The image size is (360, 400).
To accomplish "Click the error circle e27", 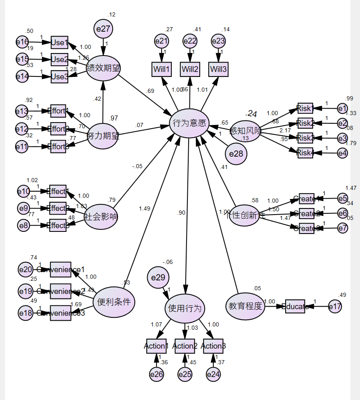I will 103,29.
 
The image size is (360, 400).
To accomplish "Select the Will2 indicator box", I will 189,69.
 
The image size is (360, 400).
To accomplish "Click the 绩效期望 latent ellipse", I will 103,68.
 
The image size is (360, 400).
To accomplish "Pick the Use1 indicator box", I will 59,42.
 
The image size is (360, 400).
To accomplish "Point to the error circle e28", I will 236,154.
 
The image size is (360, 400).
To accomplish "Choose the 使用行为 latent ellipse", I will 185,308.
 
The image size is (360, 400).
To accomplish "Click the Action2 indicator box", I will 184,346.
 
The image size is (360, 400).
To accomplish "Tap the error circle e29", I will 158,278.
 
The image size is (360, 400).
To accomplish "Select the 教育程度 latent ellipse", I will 245,306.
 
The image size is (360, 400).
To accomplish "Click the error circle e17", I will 335,306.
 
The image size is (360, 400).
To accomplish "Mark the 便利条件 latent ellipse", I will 114,302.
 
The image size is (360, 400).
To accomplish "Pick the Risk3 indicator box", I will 305,138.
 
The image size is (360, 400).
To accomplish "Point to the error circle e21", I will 162,41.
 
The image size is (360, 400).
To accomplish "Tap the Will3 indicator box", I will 218,69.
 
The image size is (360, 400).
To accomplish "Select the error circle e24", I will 213,374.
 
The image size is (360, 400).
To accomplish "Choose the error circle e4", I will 342,153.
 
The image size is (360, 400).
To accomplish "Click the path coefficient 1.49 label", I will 144,208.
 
